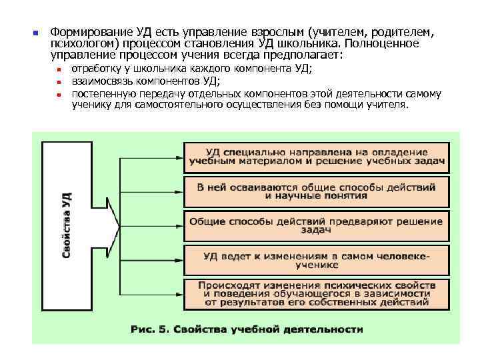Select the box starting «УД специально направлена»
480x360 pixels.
tap(316, 157)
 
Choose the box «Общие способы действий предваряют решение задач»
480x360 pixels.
tap(316, 225)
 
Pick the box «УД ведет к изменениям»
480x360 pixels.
tap(316, 260)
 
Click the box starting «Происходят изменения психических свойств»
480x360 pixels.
tap(316, 294)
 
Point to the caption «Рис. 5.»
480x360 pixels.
tap(151, 329)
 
